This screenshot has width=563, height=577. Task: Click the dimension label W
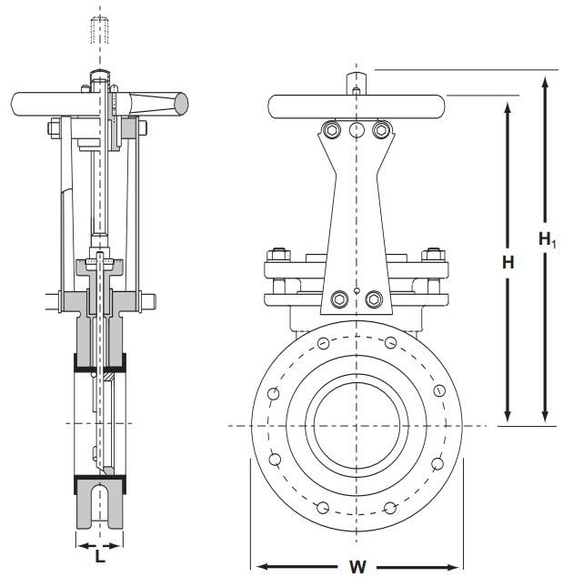point(357,567)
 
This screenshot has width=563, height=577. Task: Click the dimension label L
point(100,557)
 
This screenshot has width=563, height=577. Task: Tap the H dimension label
point(508,263)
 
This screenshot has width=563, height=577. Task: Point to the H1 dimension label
point(548,239)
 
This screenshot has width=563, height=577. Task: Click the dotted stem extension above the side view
point(100,30)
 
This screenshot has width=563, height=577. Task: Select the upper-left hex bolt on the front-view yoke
point(330,129)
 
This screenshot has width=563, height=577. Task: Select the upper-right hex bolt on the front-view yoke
point(381,129)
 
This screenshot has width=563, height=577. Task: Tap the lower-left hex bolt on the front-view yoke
point(339,299)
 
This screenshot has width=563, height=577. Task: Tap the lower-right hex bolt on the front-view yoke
point(374,299)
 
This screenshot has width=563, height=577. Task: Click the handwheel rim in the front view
point(357,106)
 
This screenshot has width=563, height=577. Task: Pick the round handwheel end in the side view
point(181,104)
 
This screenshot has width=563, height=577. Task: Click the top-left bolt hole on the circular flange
point(323,343)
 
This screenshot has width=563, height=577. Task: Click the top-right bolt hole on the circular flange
point(390,342)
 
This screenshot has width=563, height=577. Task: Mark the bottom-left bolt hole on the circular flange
point(323,508)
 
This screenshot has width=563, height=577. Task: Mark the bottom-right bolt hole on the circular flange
point(390,508)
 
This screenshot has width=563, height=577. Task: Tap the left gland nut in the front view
point(278,255)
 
